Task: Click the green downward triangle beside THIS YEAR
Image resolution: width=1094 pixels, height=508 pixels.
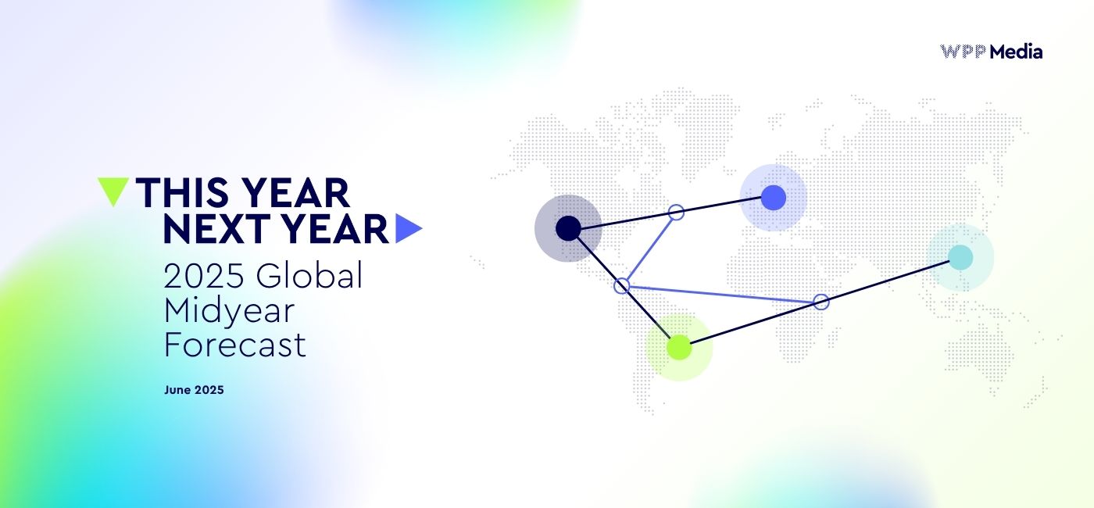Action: [x=113, y=190]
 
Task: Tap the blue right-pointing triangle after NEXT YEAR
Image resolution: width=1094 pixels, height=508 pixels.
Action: [x=407, y=228]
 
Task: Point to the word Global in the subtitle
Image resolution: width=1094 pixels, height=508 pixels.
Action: [x=309, y=276]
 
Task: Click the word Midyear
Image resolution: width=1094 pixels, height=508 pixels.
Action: [x=229, y=310]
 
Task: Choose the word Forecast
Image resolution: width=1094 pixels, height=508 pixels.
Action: [x=234, y=345]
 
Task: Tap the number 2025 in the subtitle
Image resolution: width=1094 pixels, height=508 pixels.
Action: [x=203, y=276]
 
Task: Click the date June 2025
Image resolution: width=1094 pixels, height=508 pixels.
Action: [x=194, y=390]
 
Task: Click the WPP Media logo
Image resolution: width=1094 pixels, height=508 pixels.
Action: [x=991, y=52]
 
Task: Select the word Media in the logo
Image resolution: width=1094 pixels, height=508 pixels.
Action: [x=1016, y=52]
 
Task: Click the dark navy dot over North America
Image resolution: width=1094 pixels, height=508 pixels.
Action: [x=568, y=228]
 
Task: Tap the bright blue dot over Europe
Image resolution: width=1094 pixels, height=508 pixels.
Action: [x=773, y=197]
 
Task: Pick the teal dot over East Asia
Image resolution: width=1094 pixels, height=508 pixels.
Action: [x=960, y=257]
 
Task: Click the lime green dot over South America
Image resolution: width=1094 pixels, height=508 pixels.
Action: [x=679, y=347]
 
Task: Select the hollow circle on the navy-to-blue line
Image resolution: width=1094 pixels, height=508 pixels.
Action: [x=677, y=212]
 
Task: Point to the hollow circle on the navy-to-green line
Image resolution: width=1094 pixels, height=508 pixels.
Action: [x=622, y=285]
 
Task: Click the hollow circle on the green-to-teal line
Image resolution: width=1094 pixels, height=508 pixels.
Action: [x=820, y=302]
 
